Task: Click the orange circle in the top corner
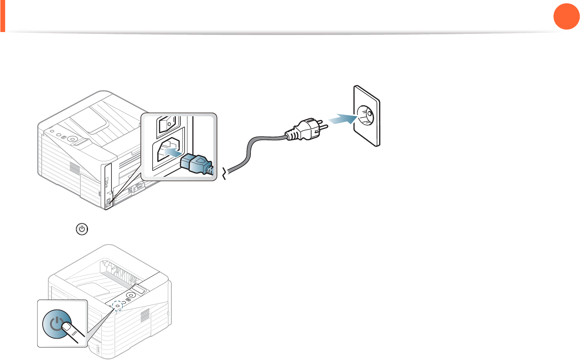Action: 566,16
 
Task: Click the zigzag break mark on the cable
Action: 225,173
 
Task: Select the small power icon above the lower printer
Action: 82,229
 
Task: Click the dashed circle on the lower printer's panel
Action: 117,306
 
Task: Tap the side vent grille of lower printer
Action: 145,316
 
